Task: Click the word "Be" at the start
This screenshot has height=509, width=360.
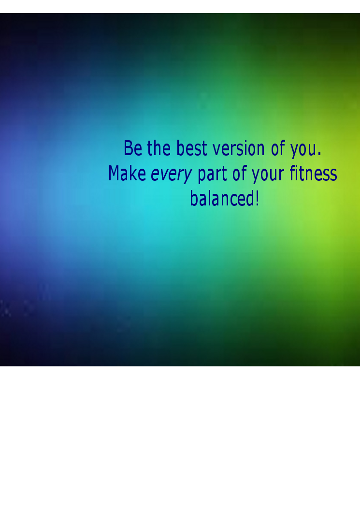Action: (x=133, y=148)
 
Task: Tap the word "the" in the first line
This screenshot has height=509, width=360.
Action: (x=158, y=148)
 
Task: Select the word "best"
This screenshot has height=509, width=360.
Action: (x=191, y=148)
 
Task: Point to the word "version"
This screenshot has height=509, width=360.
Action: (x=239, y=149)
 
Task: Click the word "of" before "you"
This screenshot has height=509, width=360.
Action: (x=278, y=148)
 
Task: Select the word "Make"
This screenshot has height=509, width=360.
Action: (x=127, y=173)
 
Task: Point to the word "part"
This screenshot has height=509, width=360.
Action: (x=212, y=175)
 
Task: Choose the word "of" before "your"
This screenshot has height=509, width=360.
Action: (x=239, y=173)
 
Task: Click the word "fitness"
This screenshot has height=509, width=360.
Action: (x=313, y=173)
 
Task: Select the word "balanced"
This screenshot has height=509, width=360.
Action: (x=222, y=198)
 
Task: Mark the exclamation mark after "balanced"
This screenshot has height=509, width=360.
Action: (x=258, y=199)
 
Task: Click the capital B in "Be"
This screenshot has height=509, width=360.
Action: (x=128, y=148)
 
